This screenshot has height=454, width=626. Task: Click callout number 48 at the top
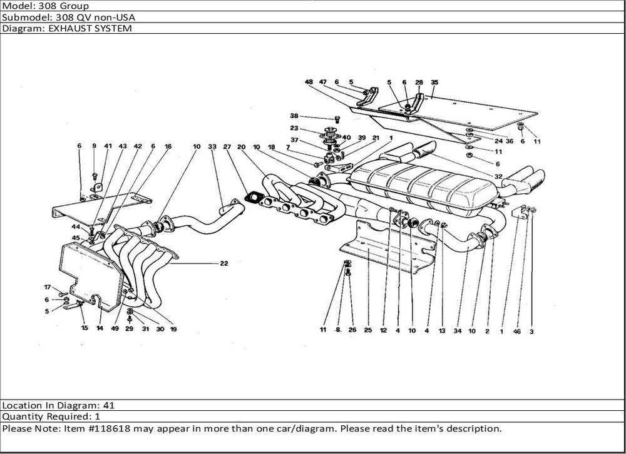pyautogui.click(x=309, y=82)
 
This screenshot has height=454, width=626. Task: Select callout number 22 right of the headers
pyautogui.click(x=223, y=263)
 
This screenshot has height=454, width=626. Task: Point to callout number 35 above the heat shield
pyautogui.click(x=434, y=82)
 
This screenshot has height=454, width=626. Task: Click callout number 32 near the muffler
pyautogui.click(x=498, y=176)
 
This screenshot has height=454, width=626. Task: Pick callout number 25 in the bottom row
pyautogui.click(x=367, y=331)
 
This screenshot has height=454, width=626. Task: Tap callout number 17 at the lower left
pyautogui.click(x=47, y=287)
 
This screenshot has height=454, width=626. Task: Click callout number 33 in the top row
pyautogui.click(x=212, y=146)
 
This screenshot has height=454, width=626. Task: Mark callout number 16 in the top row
pyautogui.click(x=168, y=146)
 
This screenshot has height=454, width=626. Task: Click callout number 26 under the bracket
pyautogui.click(x=352, y=330)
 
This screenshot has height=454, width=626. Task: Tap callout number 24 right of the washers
pyautogui.click(x=498, y=141)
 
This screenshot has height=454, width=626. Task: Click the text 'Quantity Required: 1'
pyautogui.click(x=51, y=416)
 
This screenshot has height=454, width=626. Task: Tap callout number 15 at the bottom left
pyautogui.click(x=85, y=328)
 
